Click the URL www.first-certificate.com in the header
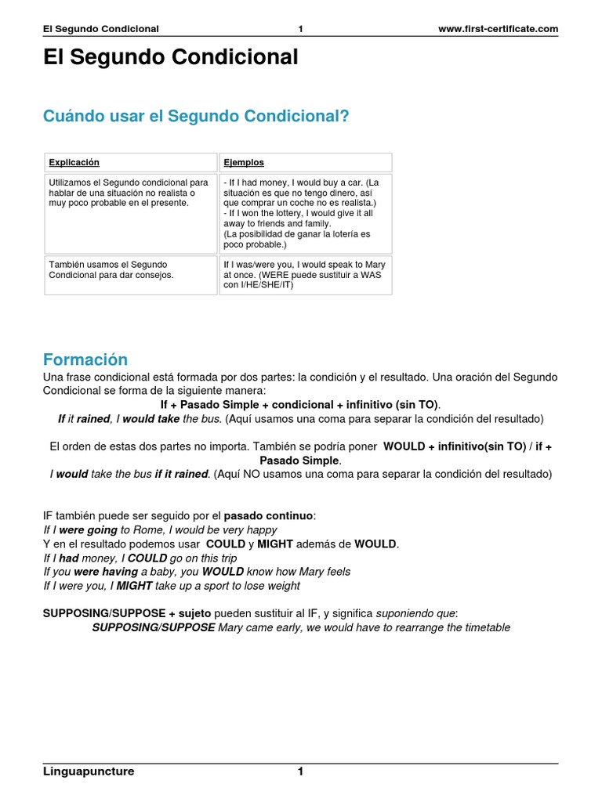pos(499,29)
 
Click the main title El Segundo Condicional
pos(170,58)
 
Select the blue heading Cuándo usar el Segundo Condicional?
pos(195,116)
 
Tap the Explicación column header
pos(74,163)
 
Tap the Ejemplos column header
pos(244,163)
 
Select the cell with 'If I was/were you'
pos(304,275)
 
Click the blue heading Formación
pos(85,359)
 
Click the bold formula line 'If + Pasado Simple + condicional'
pos(300,405)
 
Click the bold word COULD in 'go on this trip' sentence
pos(147,558)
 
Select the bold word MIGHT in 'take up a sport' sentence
pos(134,586)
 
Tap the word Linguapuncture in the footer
pos(89,771)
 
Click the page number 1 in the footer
pos(300,771)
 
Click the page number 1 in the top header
pos(300,29)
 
